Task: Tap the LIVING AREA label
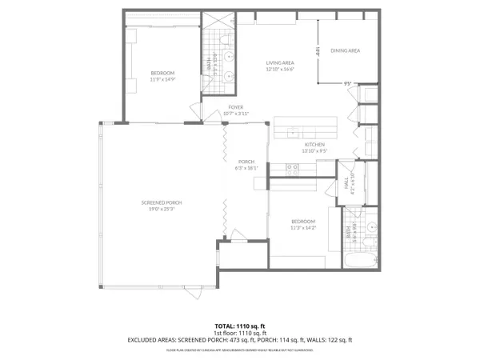(281, 62)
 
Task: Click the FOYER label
(235, 106)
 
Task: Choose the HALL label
(348, 183)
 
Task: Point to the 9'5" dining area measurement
(348, 82)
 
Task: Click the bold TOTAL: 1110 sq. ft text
(240, 326)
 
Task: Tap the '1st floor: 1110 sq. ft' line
(240, 333)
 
